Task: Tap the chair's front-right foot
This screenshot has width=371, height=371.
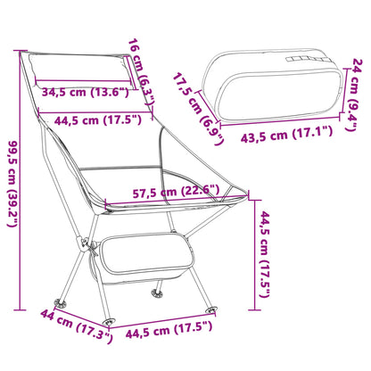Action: point(212,309)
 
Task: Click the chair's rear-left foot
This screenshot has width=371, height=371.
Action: point(62,301)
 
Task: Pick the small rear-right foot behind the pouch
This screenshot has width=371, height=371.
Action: point(160,291)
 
